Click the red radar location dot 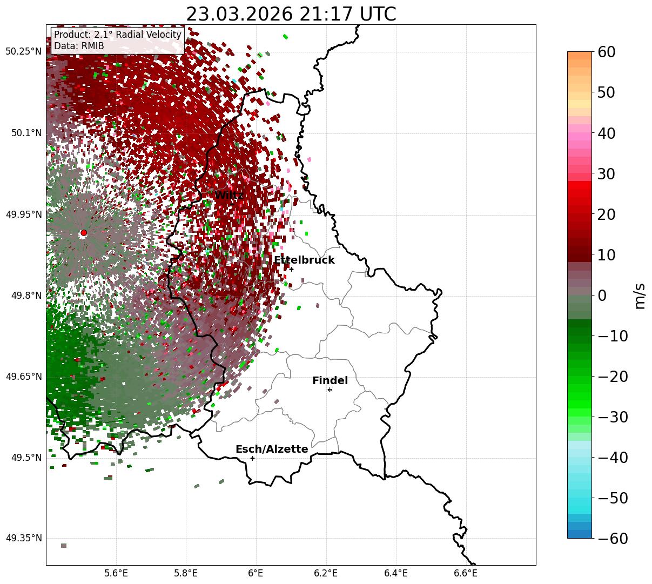84,233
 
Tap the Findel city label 330,381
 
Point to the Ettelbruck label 304,260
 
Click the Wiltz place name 228,196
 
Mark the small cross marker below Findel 330,390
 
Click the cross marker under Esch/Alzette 252,458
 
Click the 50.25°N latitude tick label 23,52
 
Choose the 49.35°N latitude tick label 23,539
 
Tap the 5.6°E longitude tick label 116,573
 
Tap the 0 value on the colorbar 602,296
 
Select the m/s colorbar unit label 640,296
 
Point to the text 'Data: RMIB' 79,46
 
